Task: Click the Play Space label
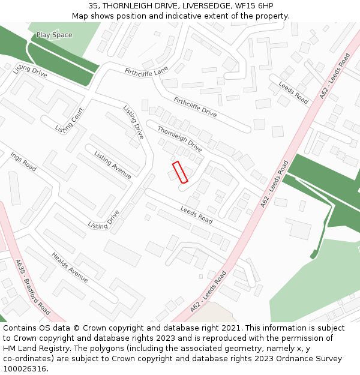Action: [x=54, y=35]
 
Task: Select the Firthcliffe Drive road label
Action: [x=195, y=107]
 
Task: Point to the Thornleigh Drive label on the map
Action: [x=179, y=139]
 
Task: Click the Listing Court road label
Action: [x=70, y=120]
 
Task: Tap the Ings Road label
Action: [x=23, y=161]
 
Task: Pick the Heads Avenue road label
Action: [x=70, y=268]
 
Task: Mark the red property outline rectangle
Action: [x=180, y=172]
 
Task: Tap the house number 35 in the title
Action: [x=93, y=5]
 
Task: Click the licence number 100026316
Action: [x=25, y=369]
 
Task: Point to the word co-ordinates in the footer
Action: [x=27, y=359]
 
